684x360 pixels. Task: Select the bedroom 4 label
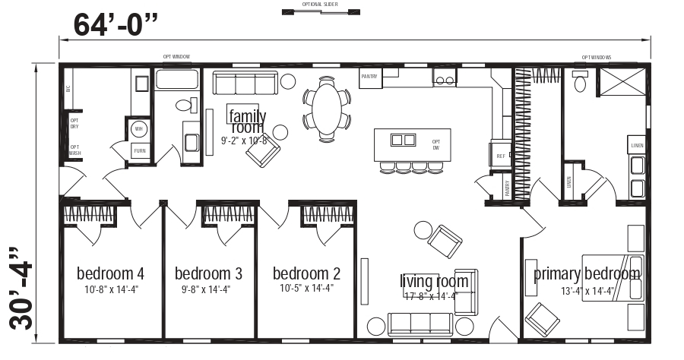coord(111,273)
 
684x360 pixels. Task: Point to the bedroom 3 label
coord(208,273)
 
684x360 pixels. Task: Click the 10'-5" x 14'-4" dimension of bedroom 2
coord(306,288)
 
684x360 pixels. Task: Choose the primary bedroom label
coord(586,273)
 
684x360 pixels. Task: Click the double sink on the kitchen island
coord(403,140)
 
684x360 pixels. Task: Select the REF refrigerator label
coord(500,156)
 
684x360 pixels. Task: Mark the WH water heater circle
coord(138,129)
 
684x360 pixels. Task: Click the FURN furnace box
coord(140,150)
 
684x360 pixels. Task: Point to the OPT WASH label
coord(74,150)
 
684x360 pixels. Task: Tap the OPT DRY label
coord(74,123)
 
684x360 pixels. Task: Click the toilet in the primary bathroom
coord(581,82)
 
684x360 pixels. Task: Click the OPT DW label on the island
coord(436,144)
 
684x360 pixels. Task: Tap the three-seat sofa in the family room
coord(243,82)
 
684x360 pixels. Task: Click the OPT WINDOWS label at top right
coord(597,57)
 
